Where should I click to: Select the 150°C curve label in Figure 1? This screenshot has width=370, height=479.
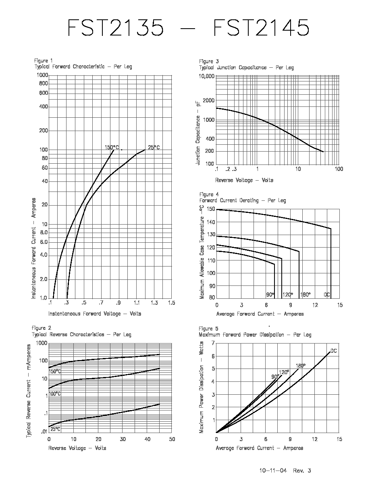pos(112,148)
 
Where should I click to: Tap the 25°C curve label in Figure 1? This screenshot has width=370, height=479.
pos(154,148)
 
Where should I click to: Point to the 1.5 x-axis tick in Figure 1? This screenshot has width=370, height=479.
pos(172,303)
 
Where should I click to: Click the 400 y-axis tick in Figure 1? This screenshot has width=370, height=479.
pos(44,106)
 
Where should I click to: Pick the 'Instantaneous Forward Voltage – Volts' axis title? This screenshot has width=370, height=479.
pos(95,314)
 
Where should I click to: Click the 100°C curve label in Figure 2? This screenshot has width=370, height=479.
pos(55,394)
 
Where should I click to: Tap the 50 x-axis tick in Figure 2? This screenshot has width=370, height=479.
pos(172,439)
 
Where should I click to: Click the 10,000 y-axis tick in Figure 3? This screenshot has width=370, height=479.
pos(207,76)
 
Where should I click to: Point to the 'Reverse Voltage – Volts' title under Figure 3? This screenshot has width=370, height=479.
pos(244,180)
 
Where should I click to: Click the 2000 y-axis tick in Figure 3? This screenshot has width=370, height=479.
pos(209,100)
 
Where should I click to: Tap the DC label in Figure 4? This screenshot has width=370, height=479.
pos(327,295)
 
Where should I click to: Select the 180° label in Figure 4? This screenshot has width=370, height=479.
pos(305,295)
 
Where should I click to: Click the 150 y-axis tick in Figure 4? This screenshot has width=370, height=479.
pos(211,209)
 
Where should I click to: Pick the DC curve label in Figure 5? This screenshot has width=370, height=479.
pos(334,351)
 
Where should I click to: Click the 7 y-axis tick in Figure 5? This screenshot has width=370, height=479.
pos(213,343)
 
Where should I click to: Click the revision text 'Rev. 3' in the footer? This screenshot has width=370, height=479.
pos(302,471)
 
